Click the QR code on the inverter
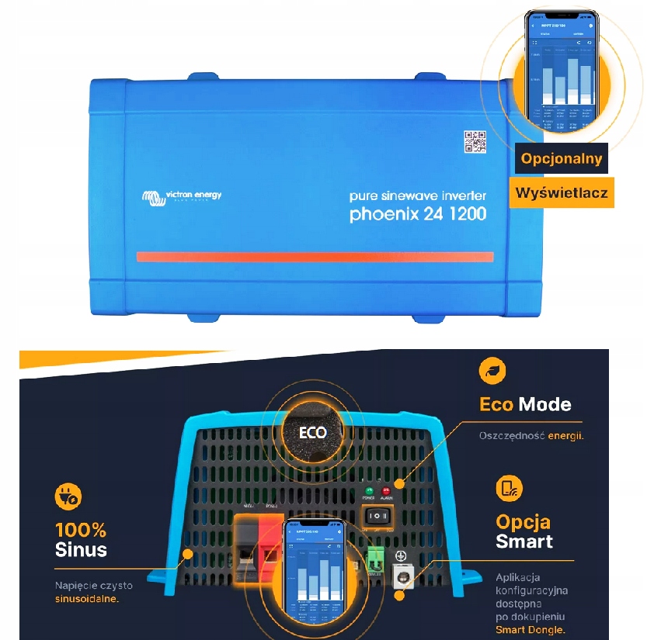[475, 142]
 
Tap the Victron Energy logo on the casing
[183, 196]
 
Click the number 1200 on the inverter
[464, 213]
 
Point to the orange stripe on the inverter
[315, 257]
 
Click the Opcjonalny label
[562, 159]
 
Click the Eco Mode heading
[525, 404]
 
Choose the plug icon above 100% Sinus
[68, 497]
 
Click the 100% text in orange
[81, 531]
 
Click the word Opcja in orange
[523, 521]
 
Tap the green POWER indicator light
[369, 491]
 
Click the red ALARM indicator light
[387, 491]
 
